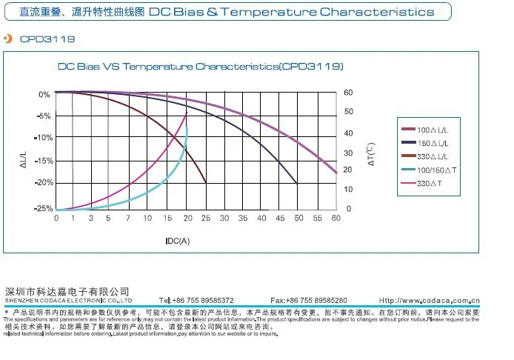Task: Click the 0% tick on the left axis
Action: pos(44,94)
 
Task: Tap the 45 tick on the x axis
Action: pos(279,219)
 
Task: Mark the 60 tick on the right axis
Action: pos(349,93)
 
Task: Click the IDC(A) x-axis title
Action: pos(177,241)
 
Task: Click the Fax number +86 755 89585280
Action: pos(309,300)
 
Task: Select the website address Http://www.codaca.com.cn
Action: pos(429,300)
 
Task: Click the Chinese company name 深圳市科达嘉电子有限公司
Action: pos(67,290)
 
